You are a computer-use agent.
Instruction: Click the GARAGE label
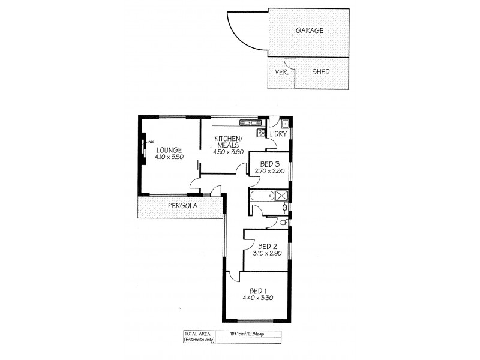310,31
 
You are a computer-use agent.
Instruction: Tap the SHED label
321,72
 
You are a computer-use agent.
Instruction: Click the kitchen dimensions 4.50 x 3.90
227,151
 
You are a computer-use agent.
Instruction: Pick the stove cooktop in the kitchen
262,133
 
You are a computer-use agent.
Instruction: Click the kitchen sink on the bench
247,123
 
